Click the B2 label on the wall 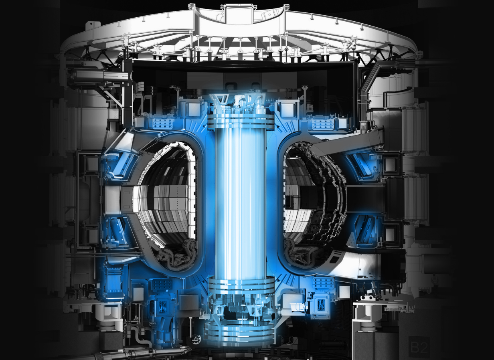pyautogui.click(x=419, y=347)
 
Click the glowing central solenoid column pyautogui.click(x=241, y=200)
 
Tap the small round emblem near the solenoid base pyautogui.click(x=196, y=340)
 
